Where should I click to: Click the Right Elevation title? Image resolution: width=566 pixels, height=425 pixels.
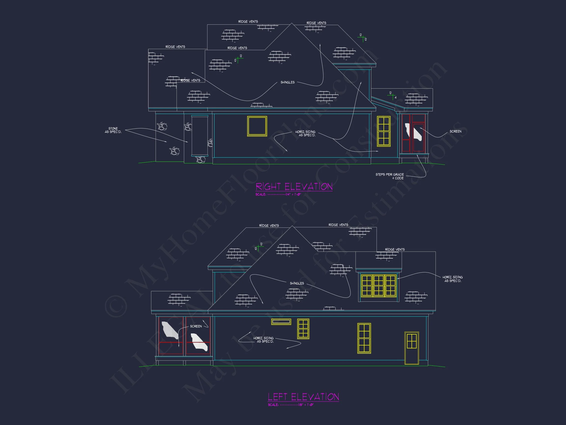pos(294,186)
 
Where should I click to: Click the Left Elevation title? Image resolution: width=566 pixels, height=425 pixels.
pos(303,397)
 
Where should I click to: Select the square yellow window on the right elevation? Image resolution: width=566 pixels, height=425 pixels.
pos(257,126)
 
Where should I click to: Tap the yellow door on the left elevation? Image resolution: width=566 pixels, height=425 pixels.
pos(411,348)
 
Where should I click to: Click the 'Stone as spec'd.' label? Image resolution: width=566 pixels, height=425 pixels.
pos(113,130)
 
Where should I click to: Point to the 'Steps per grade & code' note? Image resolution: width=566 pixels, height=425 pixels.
pos(389,176)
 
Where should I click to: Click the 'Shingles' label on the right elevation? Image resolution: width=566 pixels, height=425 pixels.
pos(287,82)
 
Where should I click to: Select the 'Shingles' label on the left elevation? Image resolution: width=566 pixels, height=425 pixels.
pos(297,283)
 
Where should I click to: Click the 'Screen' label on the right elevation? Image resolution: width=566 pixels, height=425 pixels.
pos(455,131)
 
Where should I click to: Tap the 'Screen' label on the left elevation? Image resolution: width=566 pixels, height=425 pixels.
pos(196,326)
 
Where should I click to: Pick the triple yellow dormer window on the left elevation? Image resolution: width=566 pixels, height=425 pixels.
pos(379,285)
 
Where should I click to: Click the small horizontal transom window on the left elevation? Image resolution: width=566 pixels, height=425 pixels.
pos(281,321)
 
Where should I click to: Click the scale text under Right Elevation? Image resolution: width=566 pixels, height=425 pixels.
pos(278,195)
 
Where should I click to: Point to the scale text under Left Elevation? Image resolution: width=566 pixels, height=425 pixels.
pos(291,405)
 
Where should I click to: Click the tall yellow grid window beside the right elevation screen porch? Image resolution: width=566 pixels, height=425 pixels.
pos(383,131)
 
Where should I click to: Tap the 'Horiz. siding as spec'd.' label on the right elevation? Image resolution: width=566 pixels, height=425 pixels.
pos(305,134)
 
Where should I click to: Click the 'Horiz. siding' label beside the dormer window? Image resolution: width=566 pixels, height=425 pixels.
pos(453,279)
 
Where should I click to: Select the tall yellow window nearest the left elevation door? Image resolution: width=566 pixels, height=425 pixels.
pos(364,338)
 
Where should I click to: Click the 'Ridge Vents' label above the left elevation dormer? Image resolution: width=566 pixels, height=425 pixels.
pos(395,250)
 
